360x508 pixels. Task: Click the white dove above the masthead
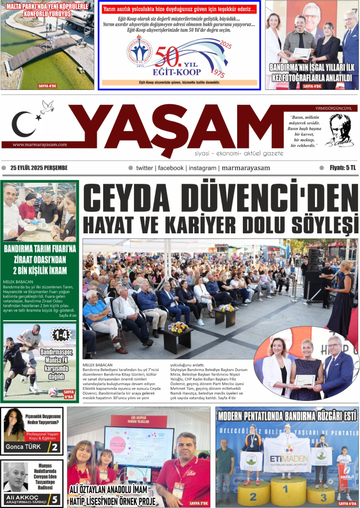(x=47, y=107)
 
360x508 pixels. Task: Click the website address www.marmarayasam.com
(x=39, y=145)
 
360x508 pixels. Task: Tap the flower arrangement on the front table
(x=180, y=327)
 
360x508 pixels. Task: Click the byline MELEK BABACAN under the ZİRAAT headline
(x=18, y=281)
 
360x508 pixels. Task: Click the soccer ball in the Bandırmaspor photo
(x=53, y=392)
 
